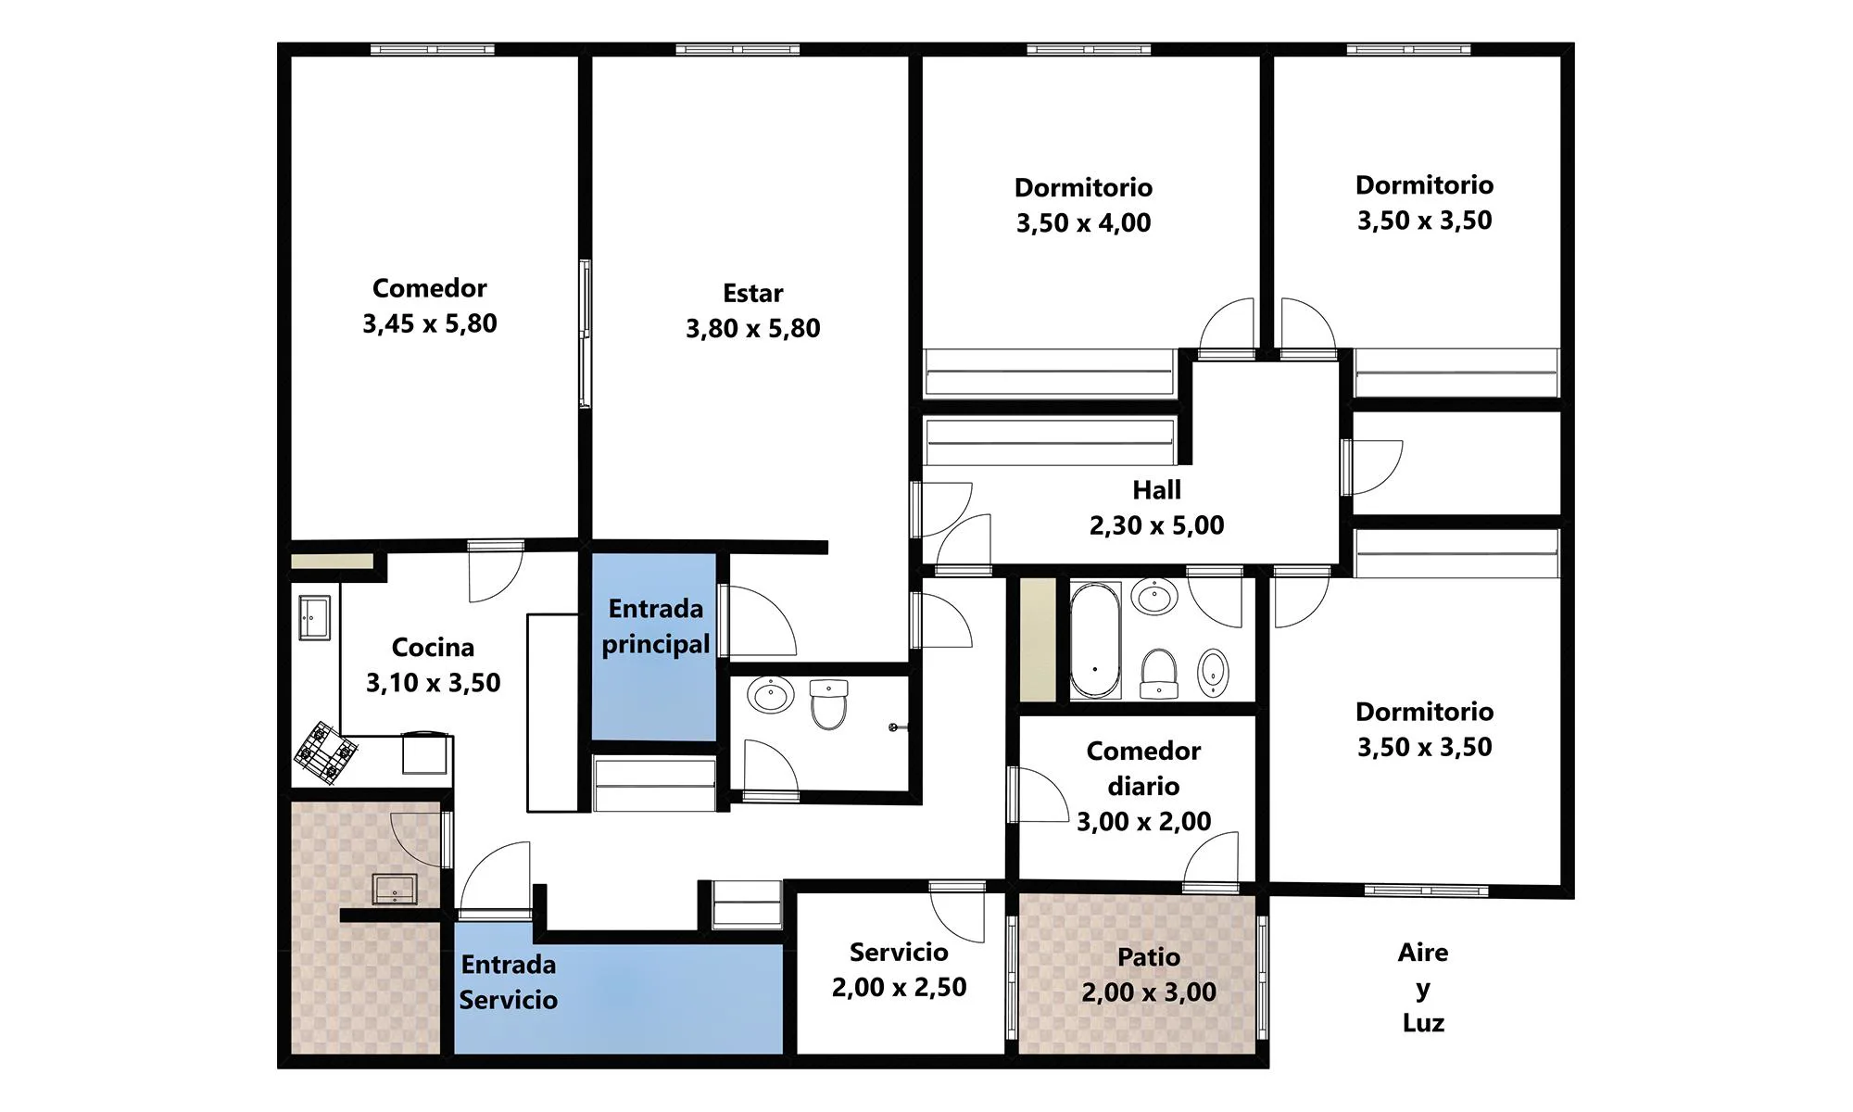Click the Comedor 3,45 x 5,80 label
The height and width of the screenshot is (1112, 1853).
[430, 306]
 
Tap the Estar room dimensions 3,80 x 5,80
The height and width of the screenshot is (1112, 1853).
[753, 328]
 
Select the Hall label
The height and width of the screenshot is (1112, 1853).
[1156, 489]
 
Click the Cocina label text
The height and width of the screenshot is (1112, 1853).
[433, 647]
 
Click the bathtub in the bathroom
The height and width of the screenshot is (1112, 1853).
[1095, 640]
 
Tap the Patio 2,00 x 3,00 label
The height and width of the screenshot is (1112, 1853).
[1149, 974]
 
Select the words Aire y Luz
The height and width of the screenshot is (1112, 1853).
[1423, 988]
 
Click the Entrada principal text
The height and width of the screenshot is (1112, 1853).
[656, 626]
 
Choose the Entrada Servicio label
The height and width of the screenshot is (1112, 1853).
[509, 982]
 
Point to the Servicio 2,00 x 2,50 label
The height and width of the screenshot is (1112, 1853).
[899, 969]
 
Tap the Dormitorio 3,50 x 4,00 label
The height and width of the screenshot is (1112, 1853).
[1083, 205]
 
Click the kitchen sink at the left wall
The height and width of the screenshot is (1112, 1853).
[314, 617]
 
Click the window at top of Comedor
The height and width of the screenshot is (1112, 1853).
[433, 49]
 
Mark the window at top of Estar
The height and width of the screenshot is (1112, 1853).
[737, 49]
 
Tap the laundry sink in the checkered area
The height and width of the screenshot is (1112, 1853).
[395, 889]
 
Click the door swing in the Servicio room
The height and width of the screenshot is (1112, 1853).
[957, 913]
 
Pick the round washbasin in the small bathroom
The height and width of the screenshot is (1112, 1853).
[771, 694]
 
